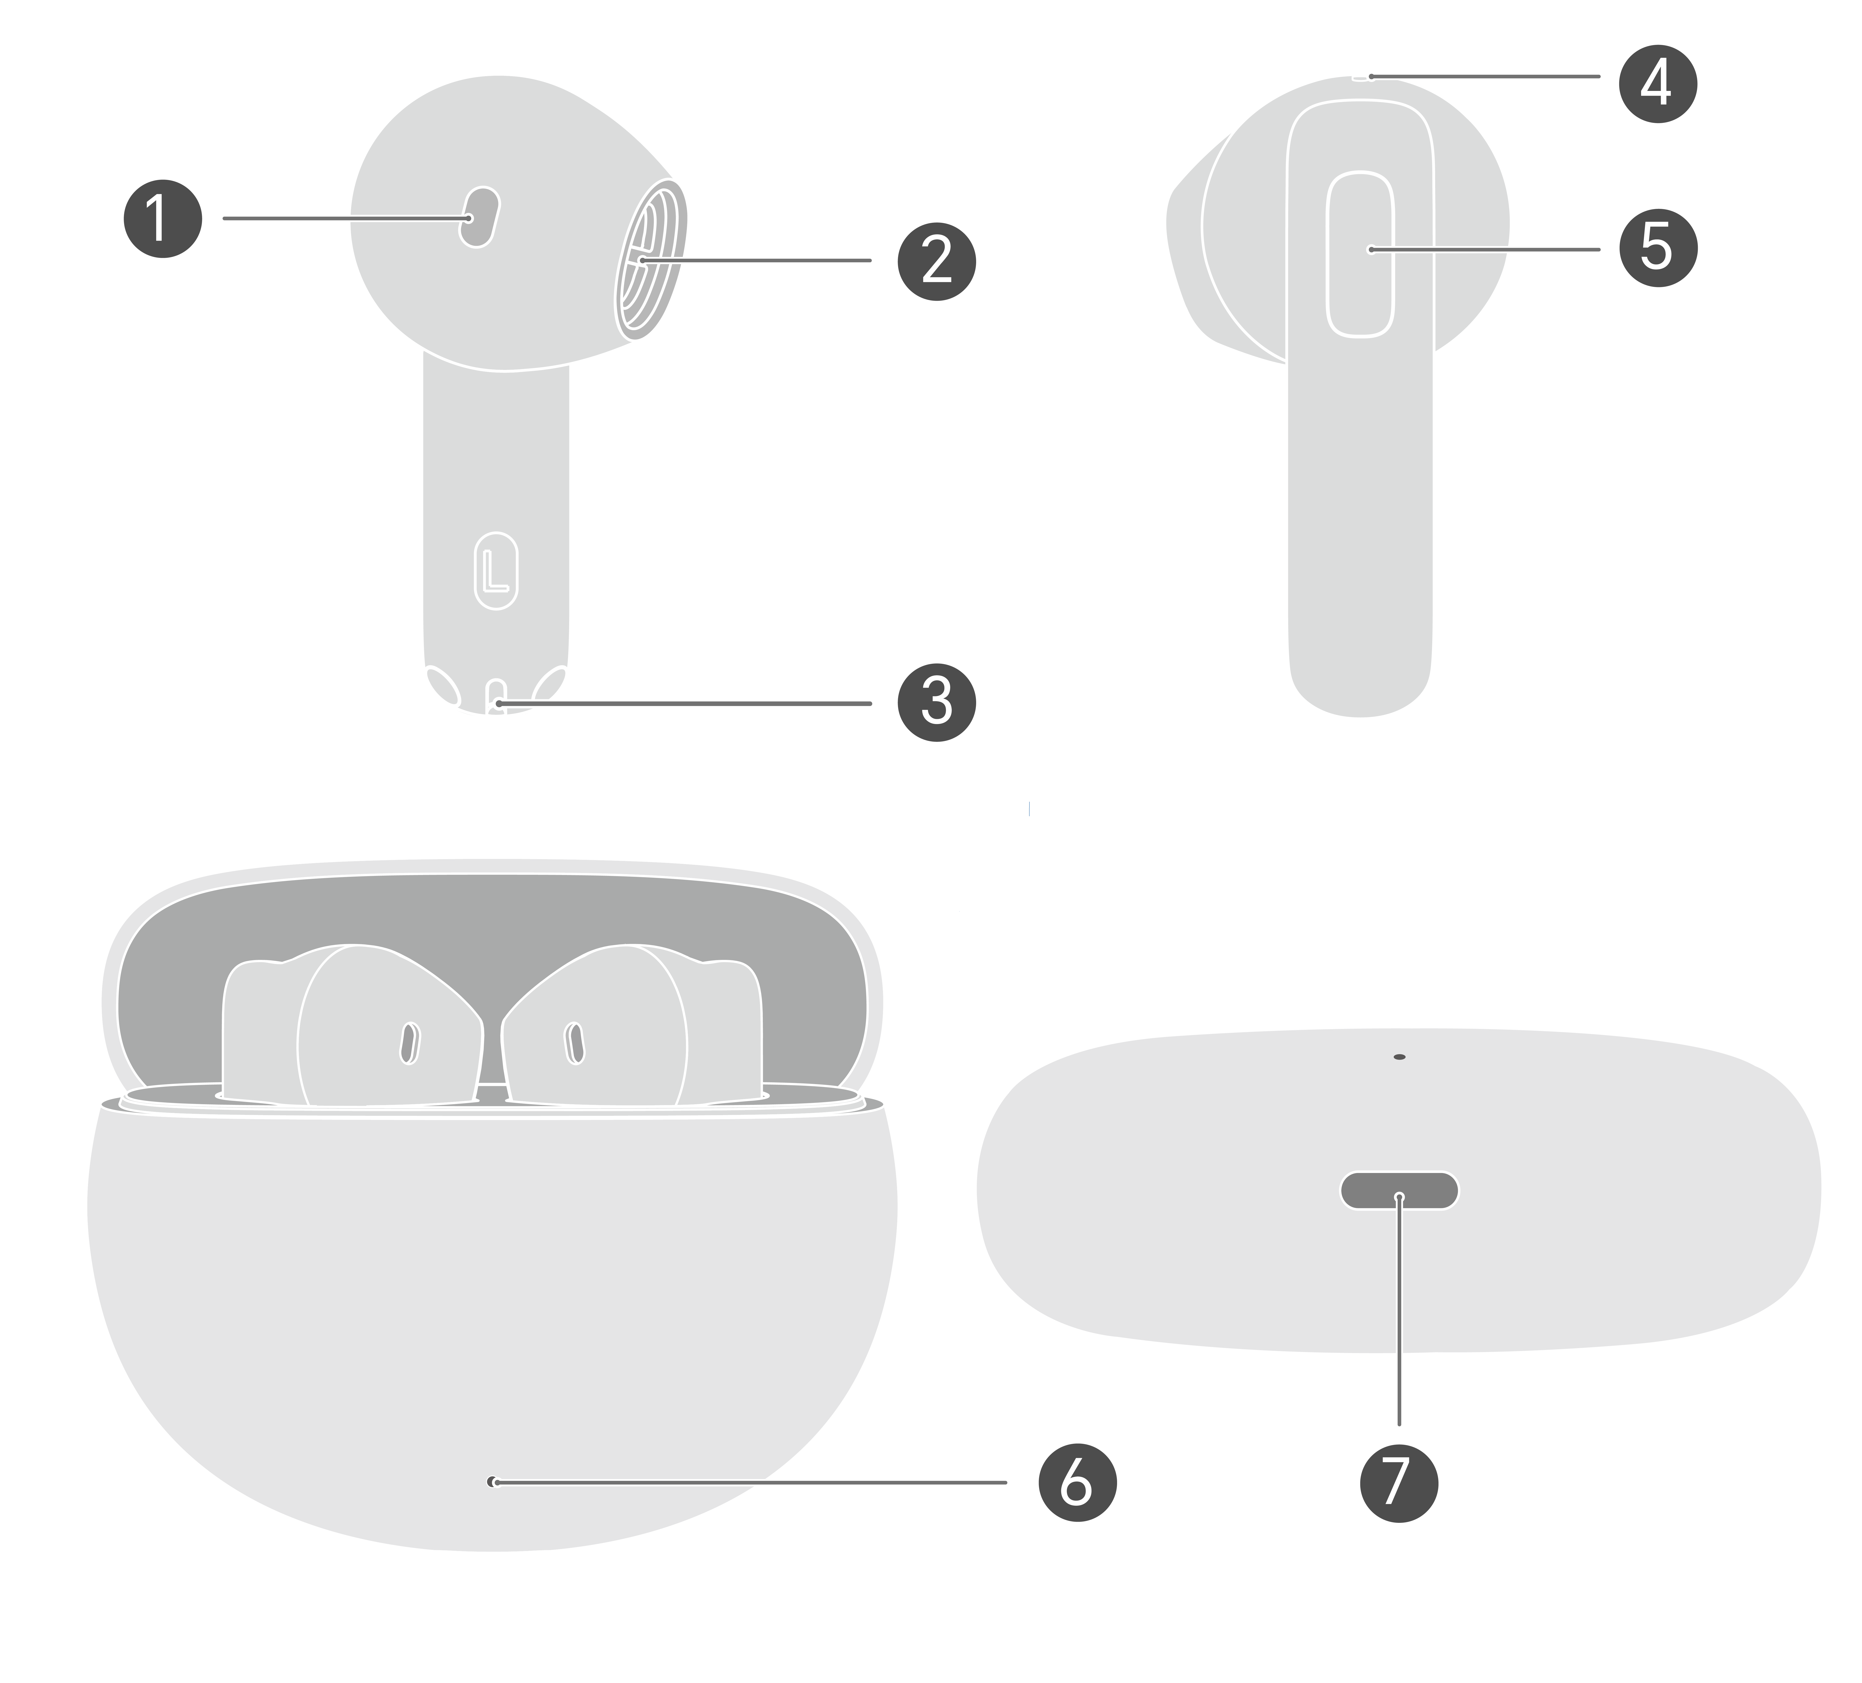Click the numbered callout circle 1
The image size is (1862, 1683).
pos(163,219)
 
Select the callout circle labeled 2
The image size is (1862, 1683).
pos(937,260)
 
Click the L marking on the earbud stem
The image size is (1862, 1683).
pos(496,571)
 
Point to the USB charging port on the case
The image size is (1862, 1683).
pos(1399,1191)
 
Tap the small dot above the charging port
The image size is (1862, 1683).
pos(1399,1056)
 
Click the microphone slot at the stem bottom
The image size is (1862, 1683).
pos(496,697)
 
